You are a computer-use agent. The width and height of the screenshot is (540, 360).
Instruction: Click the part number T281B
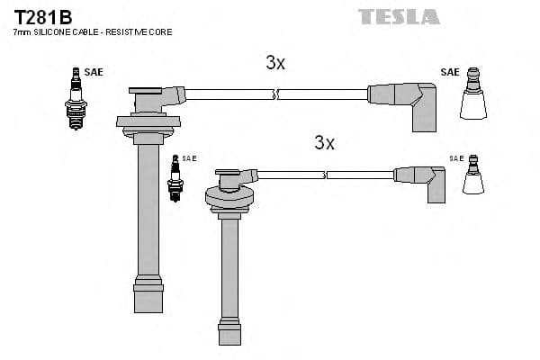pos(42,16)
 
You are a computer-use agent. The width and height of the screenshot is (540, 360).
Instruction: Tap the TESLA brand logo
pos(399,16)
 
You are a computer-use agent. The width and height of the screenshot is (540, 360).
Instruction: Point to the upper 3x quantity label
pos(275,63)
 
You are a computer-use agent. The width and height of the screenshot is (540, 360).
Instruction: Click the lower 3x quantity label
pos(324,143)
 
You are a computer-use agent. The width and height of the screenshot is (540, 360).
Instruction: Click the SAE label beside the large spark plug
pos(94,72)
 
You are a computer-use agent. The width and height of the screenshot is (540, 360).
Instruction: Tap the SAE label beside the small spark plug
pos(189,158)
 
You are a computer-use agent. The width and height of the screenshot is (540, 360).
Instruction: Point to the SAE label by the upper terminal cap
pos(450,72)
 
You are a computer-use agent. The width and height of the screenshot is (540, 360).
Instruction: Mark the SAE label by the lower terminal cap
pos(457,158)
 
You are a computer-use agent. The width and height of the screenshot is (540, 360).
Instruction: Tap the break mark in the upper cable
pos(276,93)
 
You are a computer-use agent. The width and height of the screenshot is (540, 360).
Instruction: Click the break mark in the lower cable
pos(325,174)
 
